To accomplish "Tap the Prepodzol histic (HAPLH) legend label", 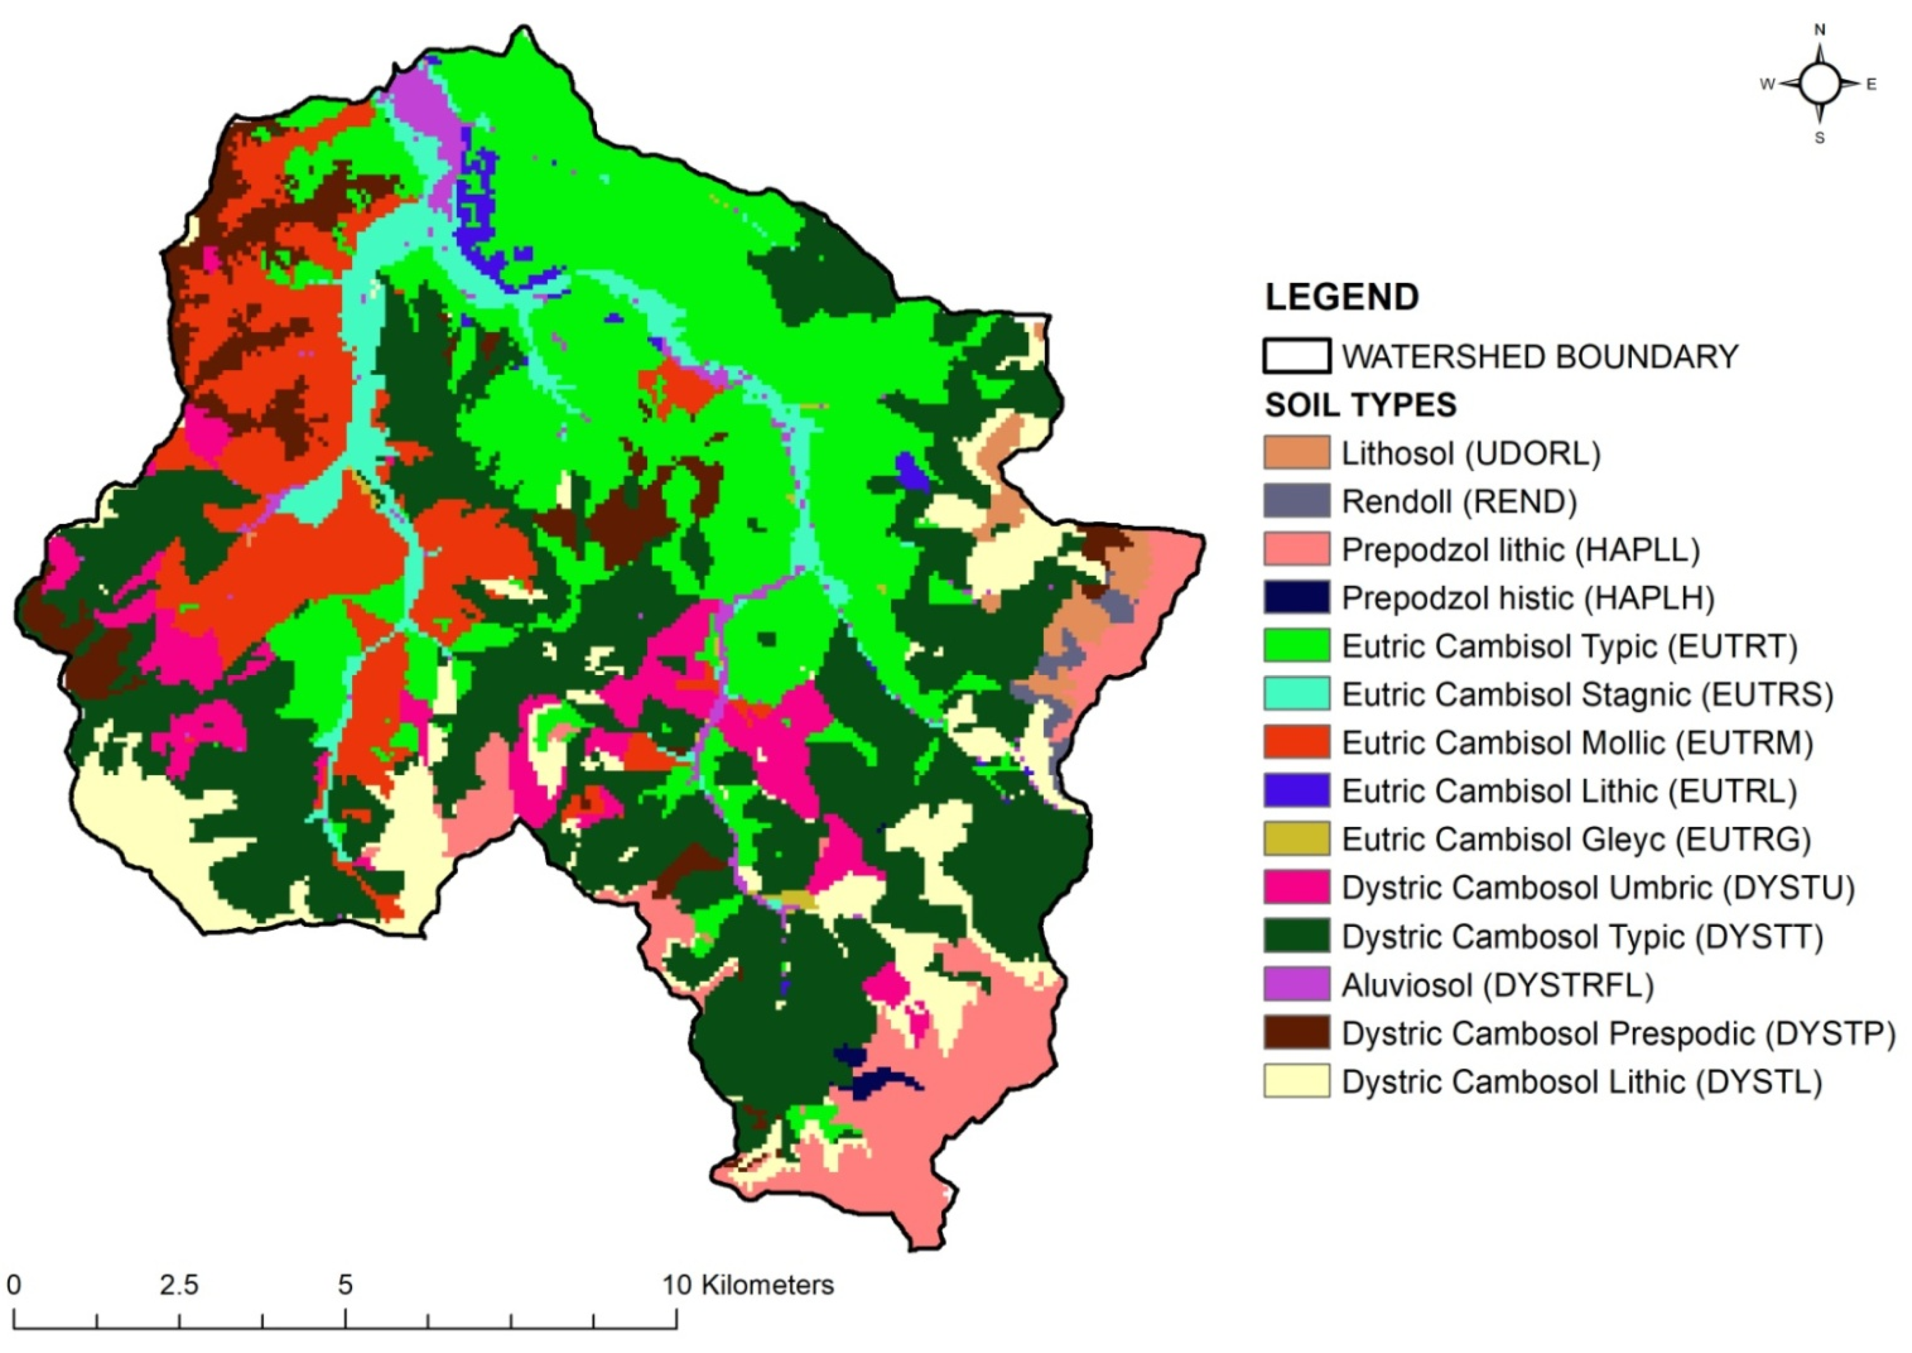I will (1527, 598).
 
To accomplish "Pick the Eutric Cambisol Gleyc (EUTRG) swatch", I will (1296, 839).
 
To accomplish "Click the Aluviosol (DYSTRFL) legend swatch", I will (1296, 985).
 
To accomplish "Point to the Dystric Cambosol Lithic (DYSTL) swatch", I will (1296, 1082).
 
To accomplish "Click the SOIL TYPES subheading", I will (1360, 406).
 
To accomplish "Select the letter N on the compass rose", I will (1819, 30).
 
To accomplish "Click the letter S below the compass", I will (1819, 138).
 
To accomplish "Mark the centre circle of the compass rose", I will (1819, 83).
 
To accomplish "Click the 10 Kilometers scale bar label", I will (747, 1286).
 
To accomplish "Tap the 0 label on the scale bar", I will (14, 1286).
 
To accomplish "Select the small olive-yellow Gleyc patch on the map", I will (798, 899).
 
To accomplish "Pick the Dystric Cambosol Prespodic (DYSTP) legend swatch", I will (1296, 1033).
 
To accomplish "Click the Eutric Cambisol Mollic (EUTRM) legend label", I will (1576, 742).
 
